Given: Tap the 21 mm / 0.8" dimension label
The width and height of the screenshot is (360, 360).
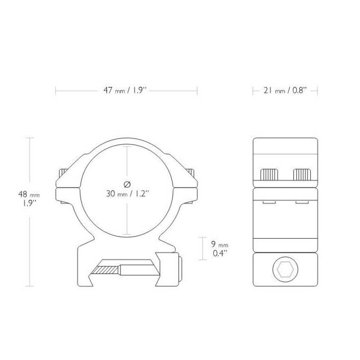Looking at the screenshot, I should [285, 91].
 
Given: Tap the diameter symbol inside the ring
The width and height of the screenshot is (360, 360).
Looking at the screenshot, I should [126, 184].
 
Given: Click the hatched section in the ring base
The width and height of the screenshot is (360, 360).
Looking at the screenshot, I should [106, 269].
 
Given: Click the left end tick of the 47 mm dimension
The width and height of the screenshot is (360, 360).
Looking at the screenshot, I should [55, 91].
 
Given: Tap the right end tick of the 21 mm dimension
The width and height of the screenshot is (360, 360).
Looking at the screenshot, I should [317, 91].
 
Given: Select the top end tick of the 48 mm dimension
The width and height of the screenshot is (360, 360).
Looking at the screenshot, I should [29, 138].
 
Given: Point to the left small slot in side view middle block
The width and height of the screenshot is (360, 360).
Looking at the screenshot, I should [268, 203].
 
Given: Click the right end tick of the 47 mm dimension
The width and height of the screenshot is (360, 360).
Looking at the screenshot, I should [197, 91].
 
